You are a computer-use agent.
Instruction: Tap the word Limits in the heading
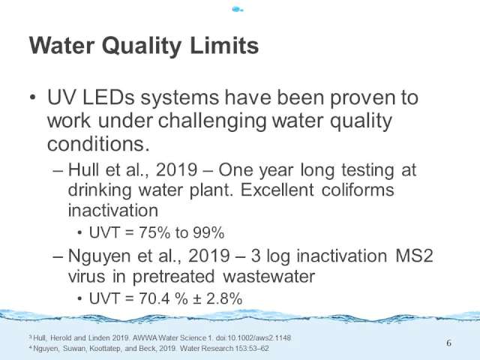click(x=224, y=45)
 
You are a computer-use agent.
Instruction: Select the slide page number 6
click(x=448, y=343)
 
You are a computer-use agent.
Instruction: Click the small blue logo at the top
click(x=238, y=10)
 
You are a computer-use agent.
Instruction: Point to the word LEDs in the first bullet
click(x=108, y=97)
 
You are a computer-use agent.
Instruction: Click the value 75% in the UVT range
click(x=154, y=232)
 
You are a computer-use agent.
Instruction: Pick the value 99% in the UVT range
click(x=208, y=232)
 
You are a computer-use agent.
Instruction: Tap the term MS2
click(x=414, y=256)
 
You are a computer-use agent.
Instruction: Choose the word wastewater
click(x=268, y=276)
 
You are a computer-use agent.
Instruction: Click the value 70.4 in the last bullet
click(x=154, y=298)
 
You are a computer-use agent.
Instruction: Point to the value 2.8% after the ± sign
click(x=224, y=298)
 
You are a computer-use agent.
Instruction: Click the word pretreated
click(x=173, y=277)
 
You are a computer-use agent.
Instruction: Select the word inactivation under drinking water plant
click(x=113, y=210)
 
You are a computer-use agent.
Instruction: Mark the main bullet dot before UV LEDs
click(x=33, y=97)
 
